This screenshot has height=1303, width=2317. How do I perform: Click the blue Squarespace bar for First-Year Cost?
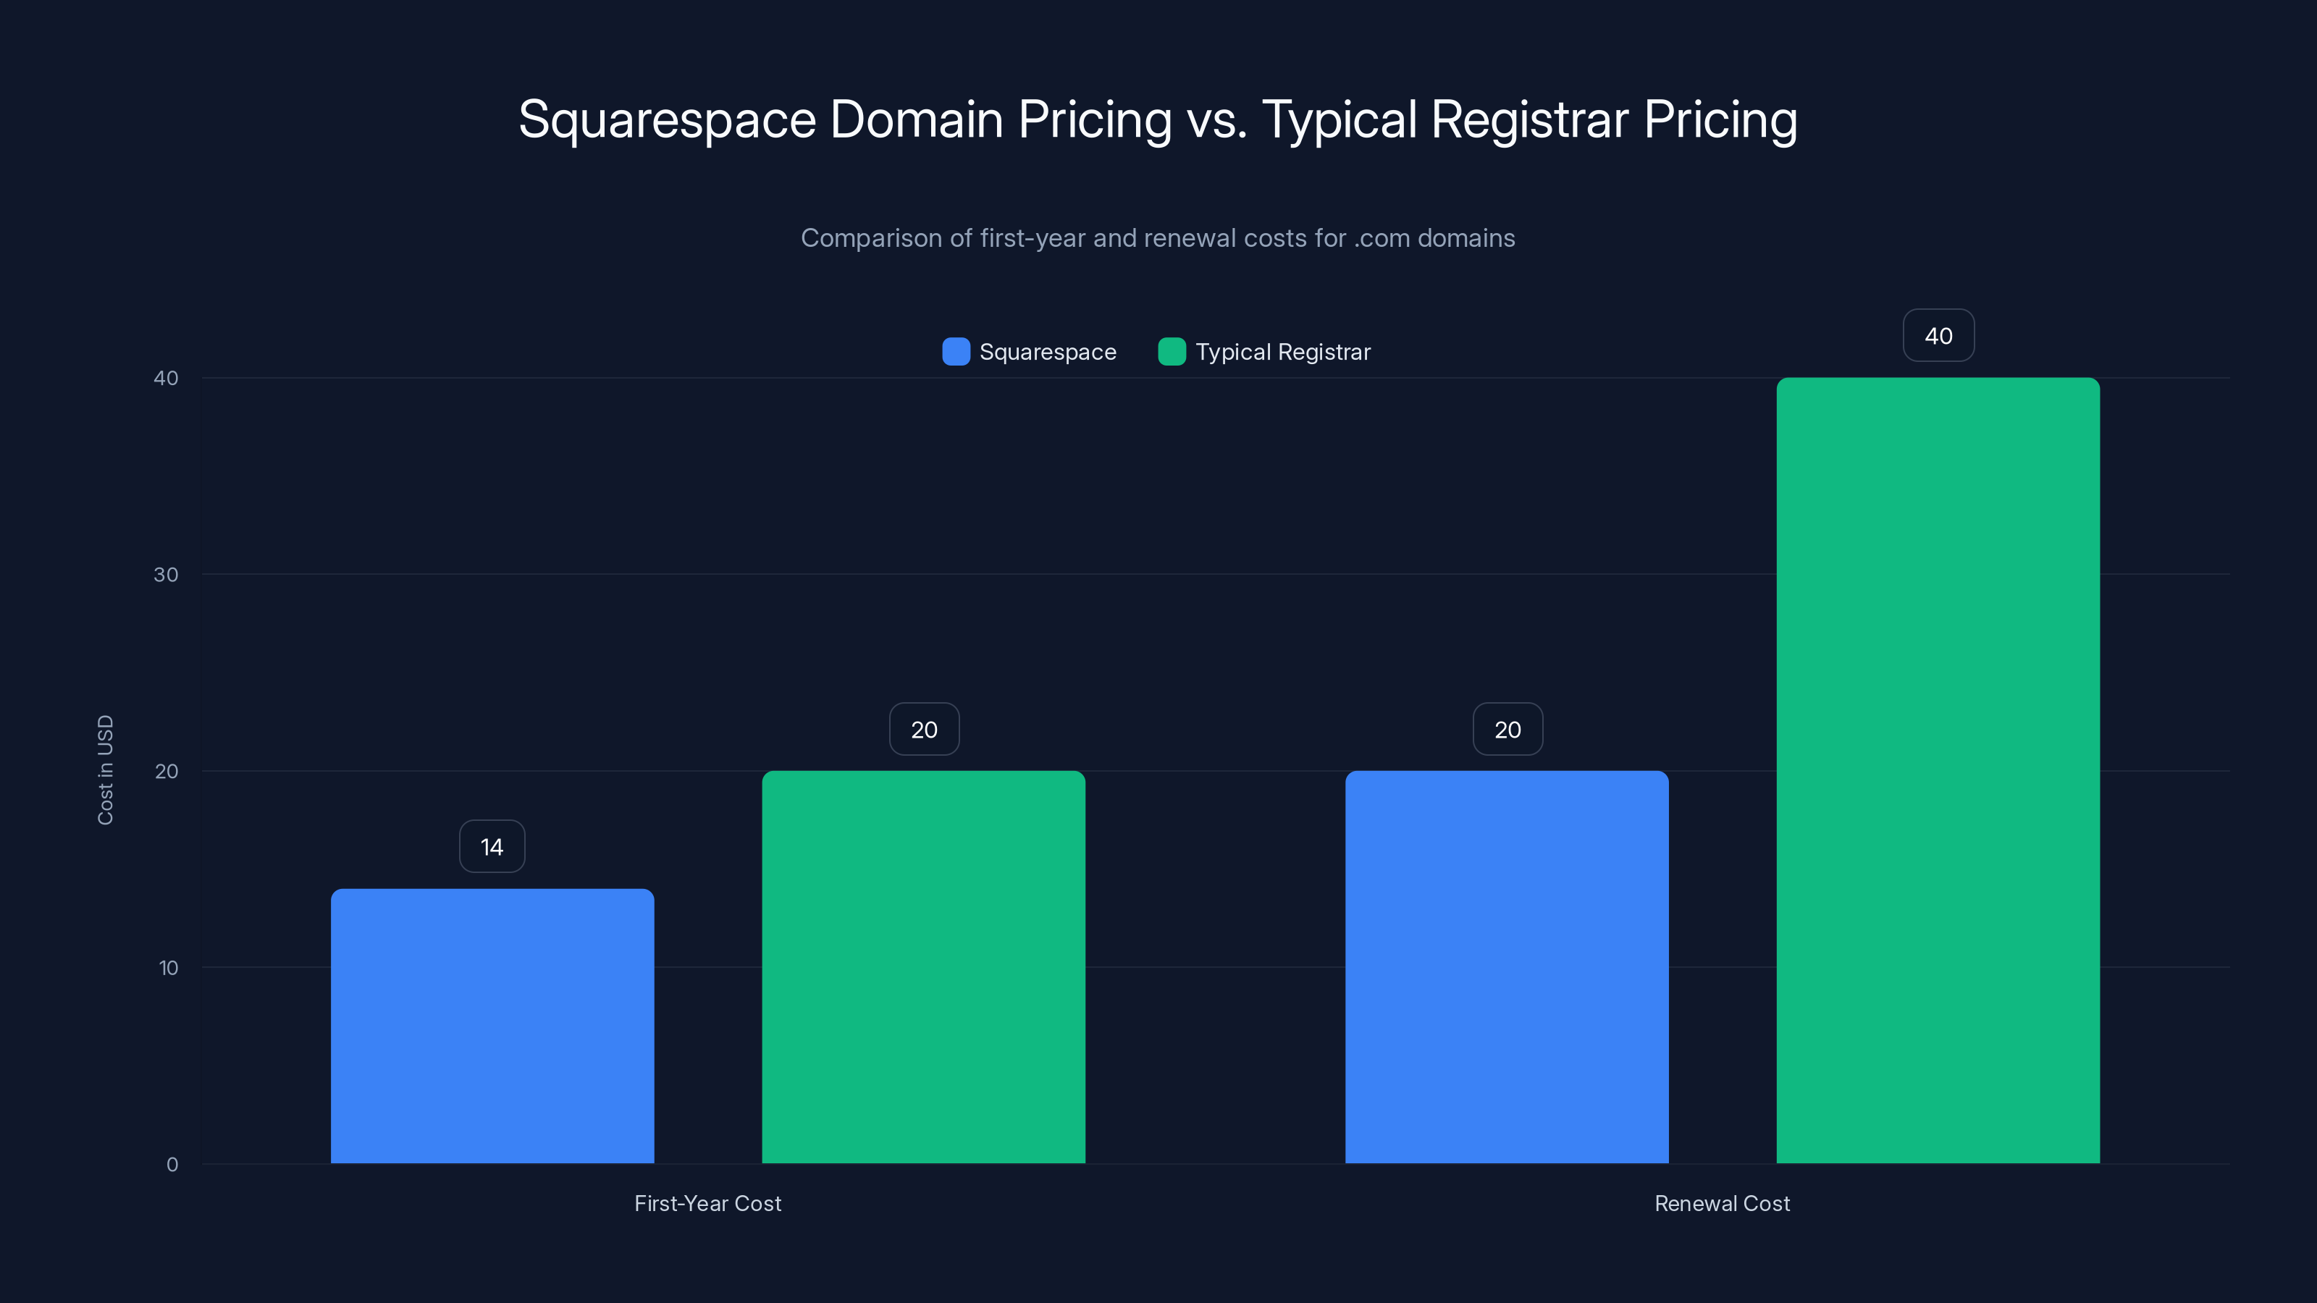[492, 1025]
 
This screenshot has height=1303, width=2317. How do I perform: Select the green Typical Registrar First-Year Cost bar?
[924, 966]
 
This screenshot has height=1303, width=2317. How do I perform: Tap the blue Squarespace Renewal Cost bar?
[1507, 966]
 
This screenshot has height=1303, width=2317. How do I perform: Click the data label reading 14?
[492, 846]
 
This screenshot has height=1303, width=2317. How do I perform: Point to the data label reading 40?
[1938, 335]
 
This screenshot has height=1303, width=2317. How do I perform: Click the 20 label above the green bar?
[924, 729]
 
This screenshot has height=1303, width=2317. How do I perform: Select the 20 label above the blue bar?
[1507, 729]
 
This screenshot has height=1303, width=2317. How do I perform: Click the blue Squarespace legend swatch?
[955, 352]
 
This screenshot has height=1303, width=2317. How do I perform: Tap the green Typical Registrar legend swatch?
[1171, 352]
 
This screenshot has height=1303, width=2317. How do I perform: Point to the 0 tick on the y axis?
[172, 1165]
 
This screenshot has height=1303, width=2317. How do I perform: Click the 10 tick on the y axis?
[168, 968]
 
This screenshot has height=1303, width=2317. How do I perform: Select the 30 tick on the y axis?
[166, 575]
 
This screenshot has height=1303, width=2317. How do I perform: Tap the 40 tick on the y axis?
[166, 378]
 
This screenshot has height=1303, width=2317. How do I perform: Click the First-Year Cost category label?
[708, 1203]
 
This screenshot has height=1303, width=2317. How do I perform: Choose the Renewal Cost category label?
[1722, 1203]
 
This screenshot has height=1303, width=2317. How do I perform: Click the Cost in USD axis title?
[105, 769]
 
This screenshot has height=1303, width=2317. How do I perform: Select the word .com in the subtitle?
[1382, 238]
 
